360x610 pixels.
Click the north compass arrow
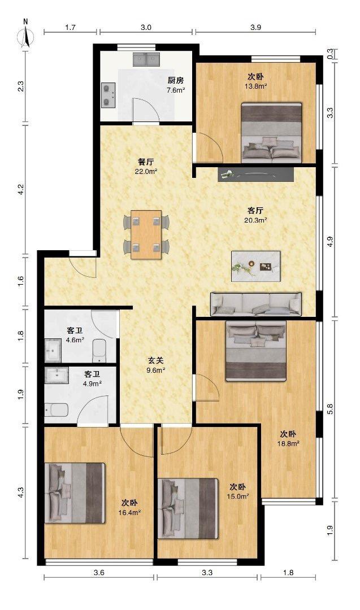(x=25, y=36)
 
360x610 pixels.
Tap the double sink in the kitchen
(x=146, y=59)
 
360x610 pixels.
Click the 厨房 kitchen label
(x=176, y=81)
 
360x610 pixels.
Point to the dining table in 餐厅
(x=146, y=234)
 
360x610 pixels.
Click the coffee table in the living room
(x=255, y=265)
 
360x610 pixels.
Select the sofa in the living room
(x=256, y=304)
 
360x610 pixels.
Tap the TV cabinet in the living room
(x=255, y=175)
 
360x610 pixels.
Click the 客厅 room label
(x=255, y=211)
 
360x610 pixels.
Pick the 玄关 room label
(x=155, y=360)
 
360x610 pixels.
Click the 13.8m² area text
(x=255, y=86)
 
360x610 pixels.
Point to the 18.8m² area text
(x=288, y=443)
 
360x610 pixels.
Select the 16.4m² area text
(x=129, y=512)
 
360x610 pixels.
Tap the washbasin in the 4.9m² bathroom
(x=58, y=375)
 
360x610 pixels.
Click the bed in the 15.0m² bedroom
(x=188, y=508)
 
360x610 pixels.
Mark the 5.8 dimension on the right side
(x=330, y=409)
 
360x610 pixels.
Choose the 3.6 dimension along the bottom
(x=99, y=572)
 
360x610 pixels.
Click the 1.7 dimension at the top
(x=71, y=27)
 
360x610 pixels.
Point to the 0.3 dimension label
(x=330, y=54)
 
